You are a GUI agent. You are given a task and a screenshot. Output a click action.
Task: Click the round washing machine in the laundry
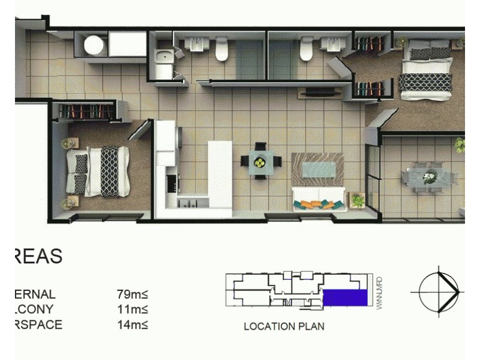[x=94, y=45]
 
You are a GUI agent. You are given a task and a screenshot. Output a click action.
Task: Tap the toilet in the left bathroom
[x=221, y=50]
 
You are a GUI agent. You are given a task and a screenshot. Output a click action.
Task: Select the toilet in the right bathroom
[x=307, y=50]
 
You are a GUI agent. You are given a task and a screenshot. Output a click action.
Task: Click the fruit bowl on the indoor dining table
[x=260, y=161]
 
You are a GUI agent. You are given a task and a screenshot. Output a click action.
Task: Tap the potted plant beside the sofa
[x=358, y=199]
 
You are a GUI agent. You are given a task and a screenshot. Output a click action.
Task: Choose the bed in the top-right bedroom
[x=425, y=67]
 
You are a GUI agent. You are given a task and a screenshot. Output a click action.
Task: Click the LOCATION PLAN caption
[x=284, y=327]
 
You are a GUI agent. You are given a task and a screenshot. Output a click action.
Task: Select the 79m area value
[x=133, y=295]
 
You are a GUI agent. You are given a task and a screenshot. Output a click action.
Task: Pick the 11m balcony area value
[x=133, y=310]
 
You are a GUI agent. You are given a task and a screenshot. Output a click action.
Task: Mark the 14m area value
[x=133, y=325]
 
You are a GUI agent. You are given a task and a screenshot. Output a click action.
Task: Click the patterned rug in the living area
[x=317, y=169]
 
